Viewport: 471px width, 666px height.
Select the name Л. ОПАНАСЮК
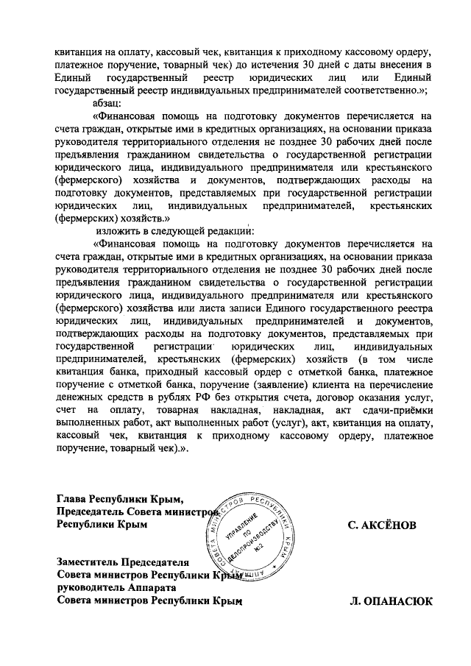point(391,601)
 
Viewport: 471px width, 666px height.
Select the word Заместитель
point(93,560)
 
